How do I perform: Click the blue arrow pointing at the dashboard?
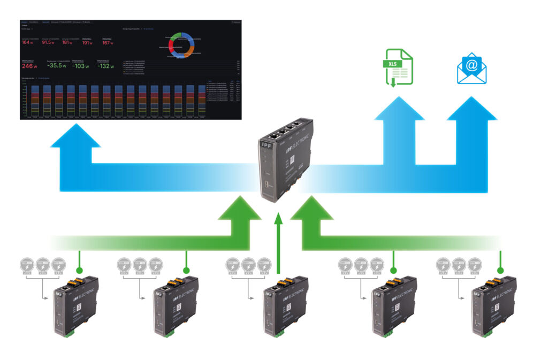[75, 140]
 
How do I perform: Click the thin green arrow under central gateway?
[277, 241]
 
